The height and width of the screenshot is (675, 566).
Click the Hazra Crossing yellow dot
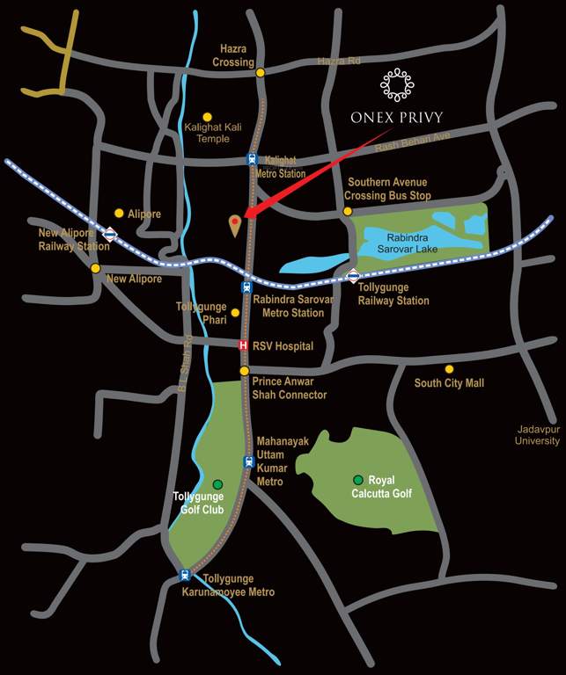[261, 73]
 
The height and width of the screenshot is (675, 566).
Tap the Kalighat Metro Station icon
[252, 160]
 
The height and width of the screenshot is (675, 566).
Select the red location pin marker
[235, 224]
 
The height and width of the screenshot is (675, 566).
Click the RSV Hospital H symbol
[245, 345]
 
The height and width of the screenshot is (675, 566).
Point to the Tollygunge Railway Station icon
[352, 276]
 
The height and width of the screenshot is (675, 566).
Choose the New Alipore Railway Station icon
[110, 234]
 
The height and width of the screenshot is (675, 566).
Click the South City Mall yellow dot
[449, 369]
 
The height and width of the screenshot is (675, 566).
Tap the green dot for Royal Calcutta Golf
[358, 479]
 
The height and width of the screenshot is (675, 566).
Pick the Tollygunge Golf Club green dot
[217, 484]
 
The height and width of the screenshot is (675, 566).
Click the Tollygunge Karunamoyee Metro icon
[185, 575]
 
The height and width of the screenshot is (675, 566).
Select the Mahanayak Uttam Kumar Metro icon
[249, 461]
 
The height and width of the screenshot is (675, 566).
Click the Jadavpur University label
[537, 435]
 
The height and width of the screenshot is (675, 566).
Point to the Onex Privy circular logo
[397, 84]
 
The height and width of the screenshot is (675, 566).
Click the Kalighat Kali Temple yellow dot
[208, 116]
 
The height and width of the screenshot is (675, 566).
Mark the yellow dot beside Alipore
[119, 213]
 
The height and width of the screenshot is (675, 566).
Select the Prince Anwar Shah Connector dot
[245, 371]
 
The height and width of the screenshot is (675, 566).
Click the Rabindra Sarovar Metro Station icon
[246, 287]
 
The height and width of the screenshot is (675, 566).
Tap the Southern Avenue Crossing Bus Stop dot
[348, 211]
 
